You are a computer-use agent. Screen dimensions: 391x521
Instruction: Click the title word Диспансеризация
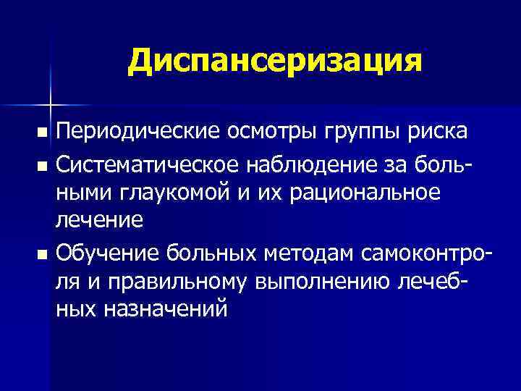click(x=274, y=61)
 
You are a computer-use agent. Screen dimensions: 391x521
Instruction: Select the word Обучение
click(x=107, y=254)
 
